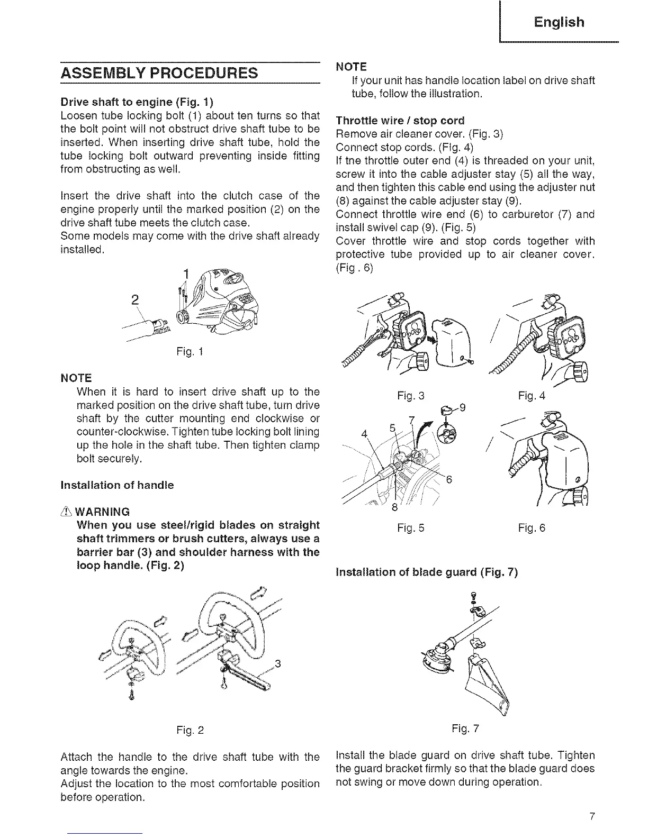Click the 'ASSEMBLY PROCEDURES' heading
(x=159, y=72)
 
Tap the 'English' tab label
(x=559, y=22)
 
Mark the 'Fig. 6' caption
(x=532, y=527)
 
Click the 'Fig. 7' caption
(x=465, y=728)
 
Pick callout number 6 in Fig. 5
(x=448, y=480)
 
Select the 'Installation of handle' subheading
(x=117, y=485)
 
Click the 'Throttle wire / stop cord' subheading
(x=400, y=120)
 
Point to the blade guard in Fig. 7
(x=487, y=682)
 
